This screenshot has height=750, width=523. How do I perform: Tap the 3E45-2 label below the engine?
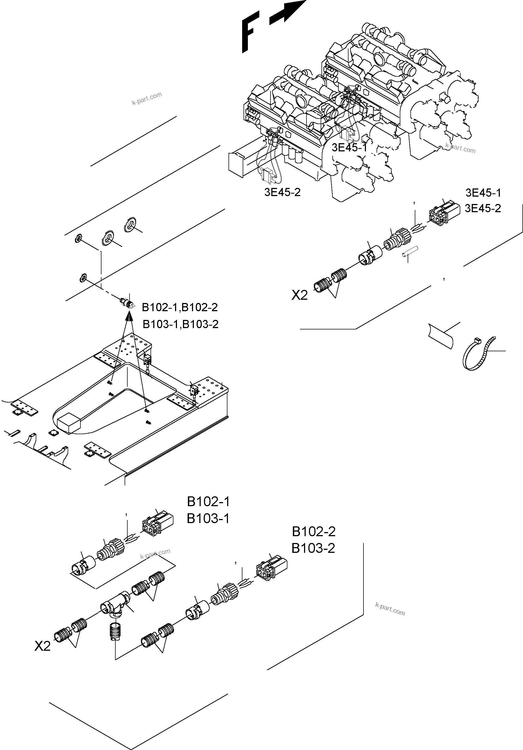(282, 192)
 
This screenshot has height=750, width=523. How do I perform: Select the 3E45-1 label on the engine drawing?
(349, 148)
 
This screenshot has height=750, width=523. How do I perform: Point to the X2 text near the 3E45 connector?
(300, 296)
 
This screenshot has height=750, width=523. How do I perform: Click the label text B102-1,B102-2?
(180, 307)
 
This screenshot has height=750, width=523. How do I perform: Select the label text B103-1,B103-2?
(181, 324)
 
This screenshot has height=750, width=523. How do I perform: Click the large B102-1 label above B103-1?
(208, 502)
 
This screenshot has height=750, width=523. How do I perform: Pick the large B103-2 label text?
(313, 548)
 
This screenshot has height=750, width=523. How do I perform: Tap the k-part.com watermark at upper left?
(147, 98)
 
